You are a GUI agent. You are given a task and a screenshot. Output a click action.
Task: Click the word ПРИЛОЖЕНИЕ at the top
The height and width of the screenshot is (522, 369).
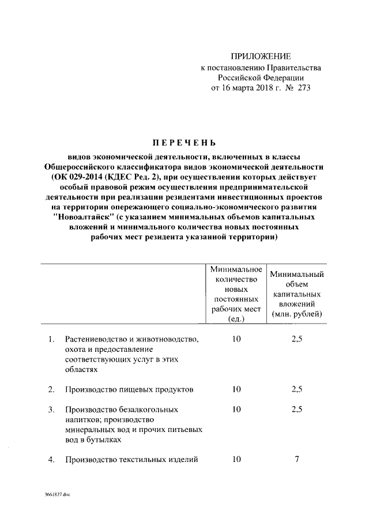pyautogui.click(x=261, y=56)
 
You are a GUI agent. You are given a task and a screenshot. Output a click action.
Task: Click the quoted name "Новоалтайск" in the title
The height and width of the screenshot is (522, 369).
pyautogui.click(x=82, y=217)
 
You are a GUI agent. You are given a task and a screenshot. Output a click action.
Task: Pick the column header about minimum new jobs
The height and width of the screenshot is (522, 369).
pyautogui.click(x=236, y=294)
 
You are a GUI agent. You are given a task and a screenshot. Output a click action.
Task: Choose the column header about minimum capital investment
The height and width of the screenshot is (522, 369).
pyautogui.click(x=297, y=294)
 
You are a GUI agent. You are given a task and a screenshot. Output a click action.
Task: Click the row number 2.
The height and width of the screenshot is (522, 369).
pyautogui.click(x=51, y=389)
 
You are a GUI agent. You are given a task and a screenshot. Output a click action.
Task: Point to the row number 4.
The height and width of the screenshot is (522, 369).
pyautogui.click(x=51, y=460)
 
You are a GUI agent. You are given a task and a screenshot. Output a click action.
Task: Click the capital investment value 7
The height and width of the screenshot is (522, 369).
pyautogui.click(x=297, y=460)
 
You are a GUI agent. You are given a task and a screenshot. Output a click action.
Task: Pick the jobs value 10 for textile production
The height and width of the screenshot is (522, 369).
pyautogui.click(x=236, y=460)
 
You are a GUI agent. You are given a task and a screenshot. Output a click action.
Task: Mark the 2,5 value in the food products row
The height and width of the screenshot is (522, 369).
pyautogui.click(x=297, y=389)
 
